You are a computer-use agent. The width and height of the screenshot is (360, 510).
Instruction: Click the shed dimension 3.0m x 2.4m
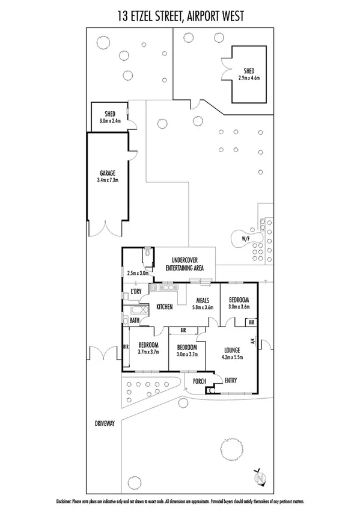(110, 121)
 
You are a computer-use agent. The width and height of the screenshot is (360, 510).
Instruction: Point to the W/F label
(246, 239)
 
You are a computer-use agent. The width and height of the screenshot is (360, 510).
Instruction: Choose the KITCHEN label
(165, 307)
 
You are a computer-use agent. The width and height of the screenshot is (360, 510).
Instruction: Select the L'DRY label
(136, 292)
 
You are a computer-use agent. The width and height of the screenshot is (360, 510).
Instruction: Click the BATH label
(134, 321)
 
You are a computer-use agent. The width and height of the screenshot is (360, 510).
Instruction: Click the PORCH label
(199, 381)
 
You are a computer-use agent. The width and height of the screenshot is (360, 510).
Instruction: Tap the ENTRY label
(231, 381)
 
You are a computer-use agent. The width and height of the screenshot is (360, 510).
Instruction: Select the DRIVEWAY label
(104, 423)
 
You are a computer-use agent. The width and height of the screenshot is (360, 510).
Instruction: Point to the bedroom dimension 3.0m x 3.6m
(239, 306)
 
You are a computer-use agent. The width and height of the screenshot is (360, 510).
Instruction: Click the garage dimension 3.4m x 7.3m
(108, 179)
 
